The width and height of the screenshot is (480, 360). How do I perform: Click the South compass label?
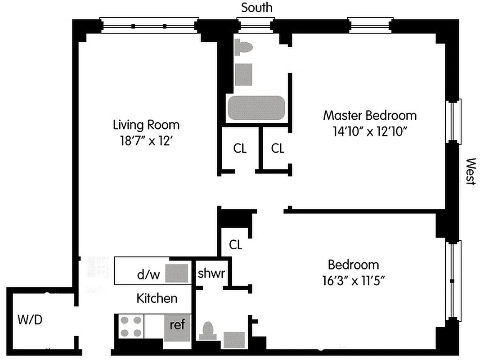256,8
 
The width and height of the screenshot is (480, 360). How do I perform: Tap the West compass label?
470,171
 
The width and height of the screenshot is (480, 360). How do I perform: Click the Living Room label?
146,124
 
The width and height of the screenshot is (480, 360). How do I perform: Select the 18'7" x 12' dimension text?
146,140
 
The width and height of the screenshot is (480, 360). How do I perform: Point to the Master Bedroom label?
370,115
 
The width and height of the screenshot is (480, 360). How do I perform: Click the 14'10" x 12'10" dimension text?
370,131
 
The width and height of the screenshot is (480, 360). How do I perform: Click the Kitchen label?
157,298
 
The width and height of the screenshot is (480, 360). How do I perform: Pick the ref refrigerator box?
177,325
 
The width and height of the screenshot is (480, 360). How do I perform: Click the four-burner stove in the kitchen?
131,326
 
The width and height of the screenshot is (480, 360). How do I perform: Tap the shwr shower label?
211,273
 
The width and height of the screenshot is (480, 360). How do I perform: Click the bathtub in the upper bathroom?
256,108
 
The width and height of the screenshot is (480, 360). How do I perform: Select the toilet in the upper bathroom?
242,47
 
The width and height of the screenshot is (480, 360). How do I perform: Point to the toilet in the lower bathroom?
208,332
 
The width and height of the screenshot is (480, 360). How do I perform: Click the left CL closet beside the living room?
240,148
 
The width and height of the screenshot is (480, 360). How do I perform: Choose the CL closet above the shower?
235,245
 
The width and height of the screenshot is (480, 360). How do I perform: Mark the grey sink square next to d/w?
176,273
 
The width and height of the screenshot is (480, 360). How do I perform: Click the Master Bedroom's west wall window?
453,121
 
